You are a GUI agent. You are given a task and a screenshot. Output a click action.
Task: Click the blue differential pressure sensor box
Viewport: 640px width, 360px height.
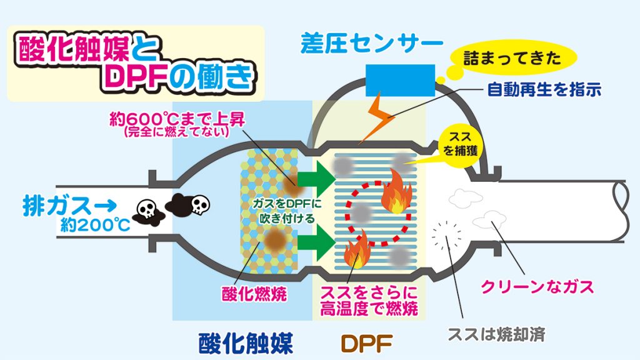pos(401,80)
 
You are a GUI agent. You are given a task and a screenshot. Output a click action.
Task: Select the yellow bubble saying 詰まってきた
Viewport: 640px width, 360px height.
pos(512,59)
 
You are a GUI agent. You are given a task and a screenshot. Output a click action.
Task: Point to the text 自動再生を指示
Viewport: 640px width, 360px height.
pos(544,89)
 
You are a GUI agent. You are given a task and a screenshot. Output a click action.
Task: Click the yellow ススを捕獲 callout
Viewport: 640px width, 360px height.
pos(461,144)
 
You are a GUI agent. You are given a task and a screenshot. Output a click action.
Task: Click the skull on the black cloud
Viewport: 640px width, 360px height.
pos(200,204)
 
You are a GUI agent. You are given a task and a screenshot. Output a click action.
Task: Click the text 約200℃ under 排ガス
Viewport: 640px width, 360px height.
pos(96,224)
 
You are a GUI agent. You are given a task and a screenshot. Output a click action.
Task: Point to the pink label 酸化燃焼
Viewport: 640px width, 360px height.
pos(254,294)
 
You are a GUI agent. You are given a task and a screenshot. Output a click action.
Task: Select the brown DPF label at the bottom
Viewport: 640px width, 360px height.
pos(366,344)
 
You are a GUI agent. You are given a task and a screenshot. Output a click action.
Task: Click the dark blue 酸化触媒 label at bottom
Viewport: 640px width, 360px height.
pos(246,343)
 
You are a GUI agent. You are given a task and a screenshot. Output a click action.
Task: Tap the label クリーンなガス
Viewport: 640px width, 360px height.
pos(537,287)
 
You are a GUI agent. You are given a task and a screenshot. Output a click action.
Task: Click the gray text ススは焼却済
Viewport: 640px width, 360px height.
pos(497,335)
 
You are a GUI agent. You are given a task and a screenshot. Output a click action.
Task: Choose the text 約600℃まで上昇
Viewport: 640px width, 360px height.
pos(177,119)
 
